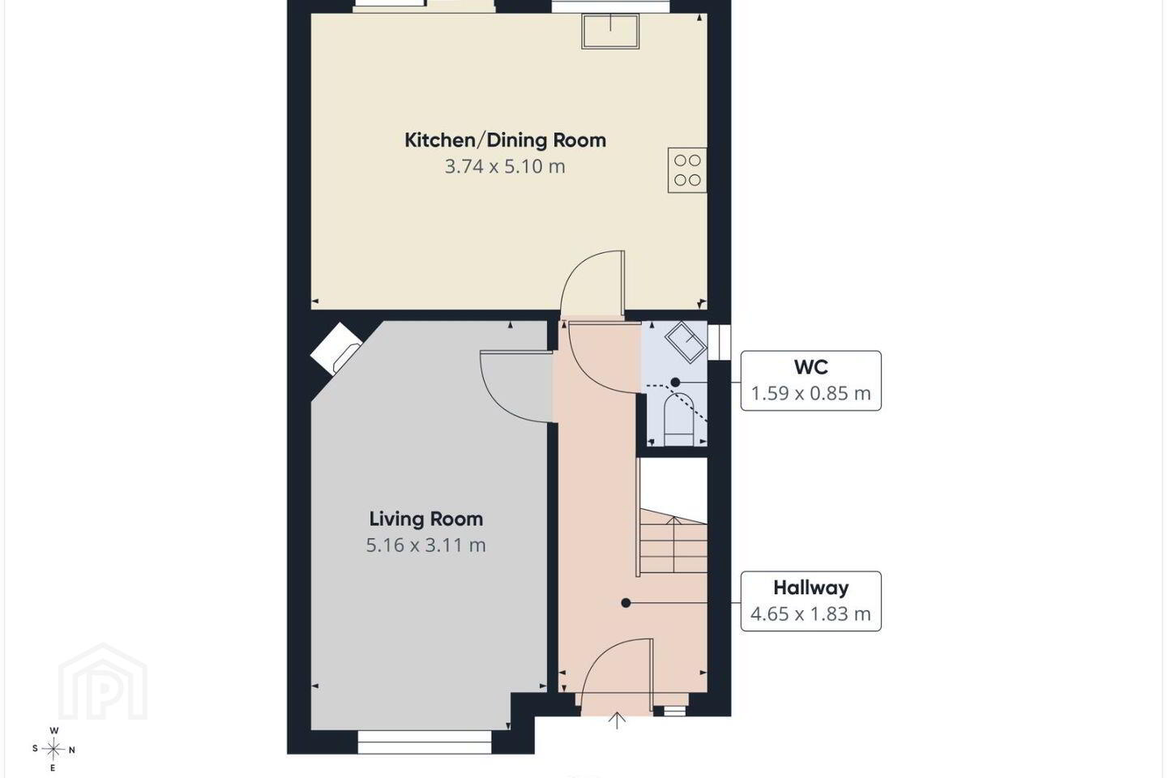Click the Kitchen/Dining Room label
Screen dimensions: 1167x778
point(506,140)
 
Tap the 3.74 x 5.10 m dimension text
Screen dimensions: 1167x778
point(505,167)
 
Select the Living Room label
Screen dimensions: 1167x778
point(426,519)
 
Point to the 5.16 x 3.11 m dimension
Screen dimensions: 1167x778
point(426,545)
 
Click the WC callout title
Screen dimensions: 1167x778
point(810,367)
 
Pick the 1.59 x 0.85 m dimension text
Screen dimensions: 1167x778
point(810,393)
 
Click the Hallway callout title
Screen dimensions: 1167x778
point(810,588)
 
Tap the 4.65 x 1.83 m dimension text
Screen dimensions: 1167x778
point(810,613)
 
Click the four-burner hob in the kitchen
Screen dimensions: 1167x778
point(687,170)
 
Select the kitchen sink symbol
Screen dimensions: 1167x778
point(610,32)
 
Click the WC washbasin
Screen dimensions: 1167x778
point(686,343)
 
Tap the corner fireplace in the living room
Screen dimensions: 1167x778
point(336,348)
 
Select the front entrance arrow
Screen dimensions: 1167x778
point(617,720)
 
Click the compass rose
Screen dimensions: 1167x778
point(53,750)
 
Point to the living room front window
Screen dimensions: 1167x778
point(425,742)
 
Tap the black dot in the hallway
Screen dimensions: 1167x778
point(626,603)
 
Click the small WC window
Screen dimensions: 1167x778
point(719,342)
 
